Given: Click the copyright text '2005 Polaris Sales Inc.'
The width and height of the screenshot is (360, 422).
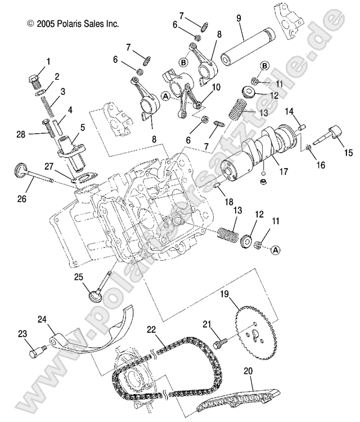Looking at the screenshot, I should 73,24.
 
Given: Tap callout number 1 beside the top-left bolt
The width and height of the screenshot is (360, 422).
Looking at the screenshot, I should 48,61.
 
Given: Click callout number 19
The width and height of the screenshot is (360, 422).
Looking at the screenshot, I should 224,294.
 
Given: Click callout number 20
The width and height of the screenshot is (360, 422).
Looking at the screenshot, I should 248,371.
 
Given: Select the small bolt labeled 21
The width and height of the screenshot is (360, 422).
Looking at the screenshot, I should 220,341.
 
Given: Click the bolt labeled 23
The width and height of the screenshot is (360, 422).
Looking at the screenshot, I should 35,351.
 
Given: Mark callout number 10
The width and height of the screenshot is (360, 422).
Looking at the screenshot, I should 216,88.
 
